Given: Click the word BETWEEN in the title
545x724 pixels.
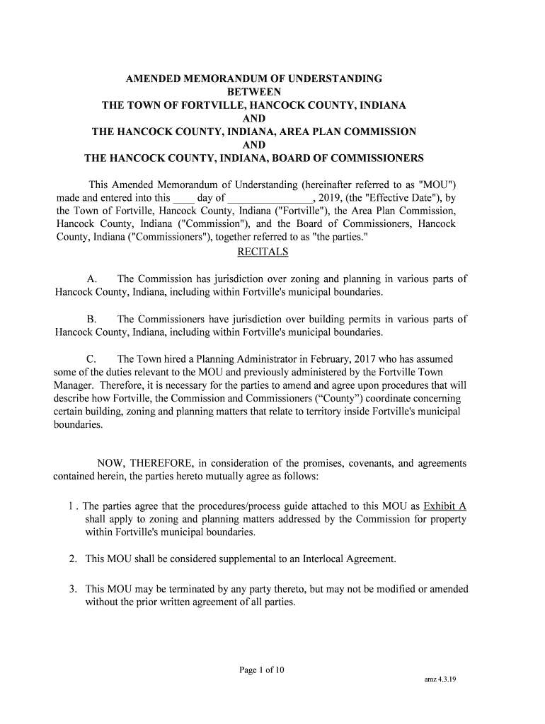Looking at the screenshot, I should pos(254,92).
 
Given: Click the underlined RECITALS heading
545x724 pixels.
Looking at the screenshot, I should pos(265,252).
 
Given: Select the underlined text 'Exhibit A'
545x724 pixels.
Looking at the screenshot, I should pos(444,506).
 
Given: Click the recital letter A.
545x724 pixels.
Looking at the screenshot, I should pos(92,279).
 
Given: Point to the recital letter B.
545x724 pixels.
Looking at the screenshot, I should pos(91,320).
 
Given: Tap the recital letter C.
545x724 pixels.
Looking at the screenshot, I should pos(91,360).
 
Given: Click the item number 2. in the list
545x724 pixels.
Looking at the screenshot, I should pos(73,559).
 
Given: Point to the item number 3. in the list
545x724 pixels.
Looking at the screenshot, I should pos(73,590).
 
